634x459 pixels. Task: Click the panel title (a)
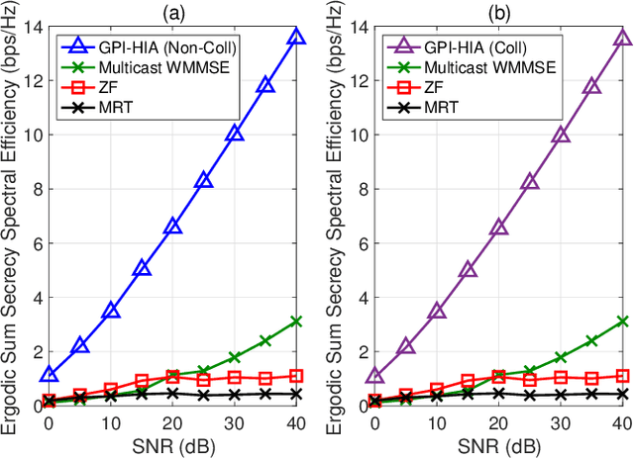pyautogui.click(x=172, y=11)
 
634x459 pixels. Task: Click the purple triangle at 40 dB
pyautogui.click(x=622, y=38)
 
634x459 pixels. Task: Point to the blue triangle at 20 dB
pyautogui.click(x=172, y=227)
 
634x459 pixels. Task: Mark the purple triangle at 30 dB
pyautogui.click(x=560, y=135)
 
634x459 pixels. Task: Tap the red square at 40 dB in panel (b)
pyautogui.click(x=622, y=376)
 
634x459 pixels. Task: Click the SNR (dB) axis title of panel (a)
pyautogui.click(x=172, y=445)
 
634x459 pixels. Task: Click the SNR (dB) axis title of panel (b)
pyautogui.click(x=497, y=445)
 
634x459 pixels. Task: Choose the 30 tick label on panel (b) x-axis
pyautogui.click(x=560, y=422)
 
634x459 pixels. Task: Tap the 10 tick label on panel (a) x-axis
pyautogui.click(x=110, y=422)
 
